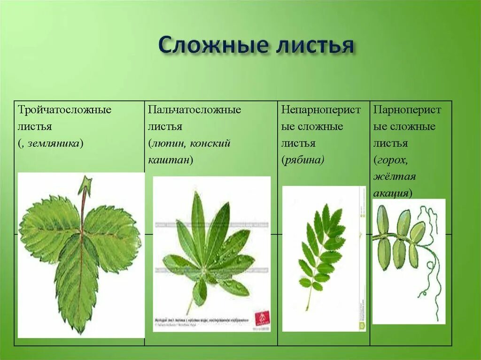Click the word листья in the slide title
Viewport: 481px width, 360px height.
(x=313, y=46)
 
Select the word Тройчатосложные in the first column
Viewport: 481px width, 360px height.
(x=65, y=110)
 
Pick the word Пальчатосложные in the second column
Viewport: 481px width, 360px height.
(x=194, y=110)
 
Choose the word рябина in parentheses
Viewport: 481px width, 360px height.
(x=303, y=160)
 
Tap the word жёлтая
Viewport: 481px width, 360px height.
(x=395, y=176)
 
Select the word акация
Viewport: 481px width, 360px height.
(x=391, y=193)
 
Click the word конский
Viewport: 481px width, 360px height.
(x=210, y=143)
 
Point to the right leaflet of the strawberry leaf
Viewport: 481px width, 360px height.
(x=113, y=235)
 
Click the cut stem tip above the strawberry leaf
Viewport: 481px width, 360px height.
(x=85, y=184)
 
